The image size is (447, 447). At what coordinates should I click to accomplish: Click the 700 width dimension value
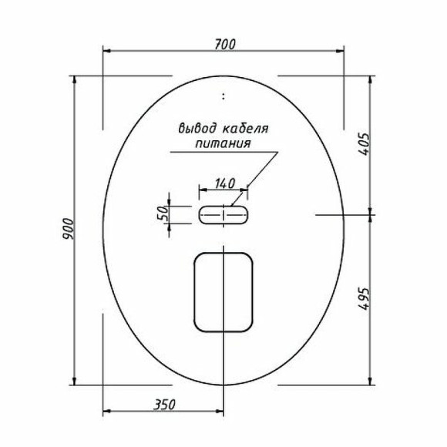[x=223, y=43]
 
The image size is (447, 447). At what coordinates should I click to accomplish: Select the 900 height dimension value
[x=67, y=230]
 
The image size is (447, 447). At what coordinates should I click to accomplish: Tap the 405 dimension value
[x=365, y=143]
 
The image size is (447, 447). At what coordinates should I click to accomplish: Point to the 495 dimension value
[x=365, y=299]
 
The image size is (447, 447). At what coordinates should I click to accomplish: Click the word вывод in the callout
[x=196, y=128]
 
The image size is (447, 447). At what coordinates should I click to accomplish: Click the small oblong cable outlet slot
[x=223, y=215]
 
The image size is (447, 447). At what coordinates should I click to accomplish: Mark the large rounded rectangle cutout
[x=223, y=290]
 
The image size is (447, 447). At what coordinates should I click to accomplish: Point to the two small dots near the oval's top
[x=223, y=97]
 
